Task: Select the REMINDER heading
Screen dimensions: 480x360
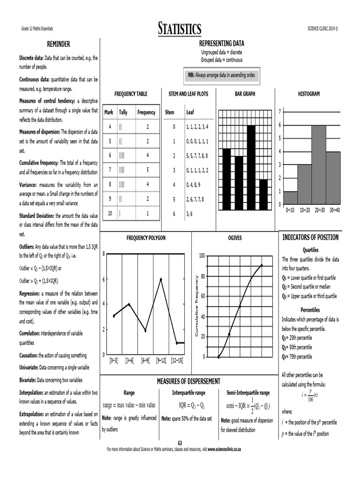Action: [58, 44]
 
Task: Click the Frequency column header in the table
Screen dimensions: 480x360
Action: [146, 112]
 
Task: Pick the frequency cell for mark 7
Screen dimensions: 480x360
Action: [147, 169]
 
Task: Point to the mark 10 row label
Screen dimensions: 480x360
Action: [110, 213]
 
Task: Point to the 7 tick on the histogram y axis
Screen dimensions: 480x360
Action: [279, 112]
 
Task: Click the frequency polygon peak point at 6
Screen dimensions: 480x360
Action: [161, 279]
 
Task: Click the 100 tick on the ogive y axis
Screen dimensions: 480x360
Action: [202, 256]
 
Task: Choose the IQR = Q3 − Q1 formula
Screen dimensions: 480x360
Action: [188, 405]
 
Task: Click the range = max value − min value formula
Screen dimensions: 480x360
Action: [129, 405]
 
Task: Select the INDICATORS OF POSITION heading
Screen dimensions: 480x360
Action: [310, 237]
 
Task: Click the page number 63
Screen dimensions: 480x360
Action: [180, 442]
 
